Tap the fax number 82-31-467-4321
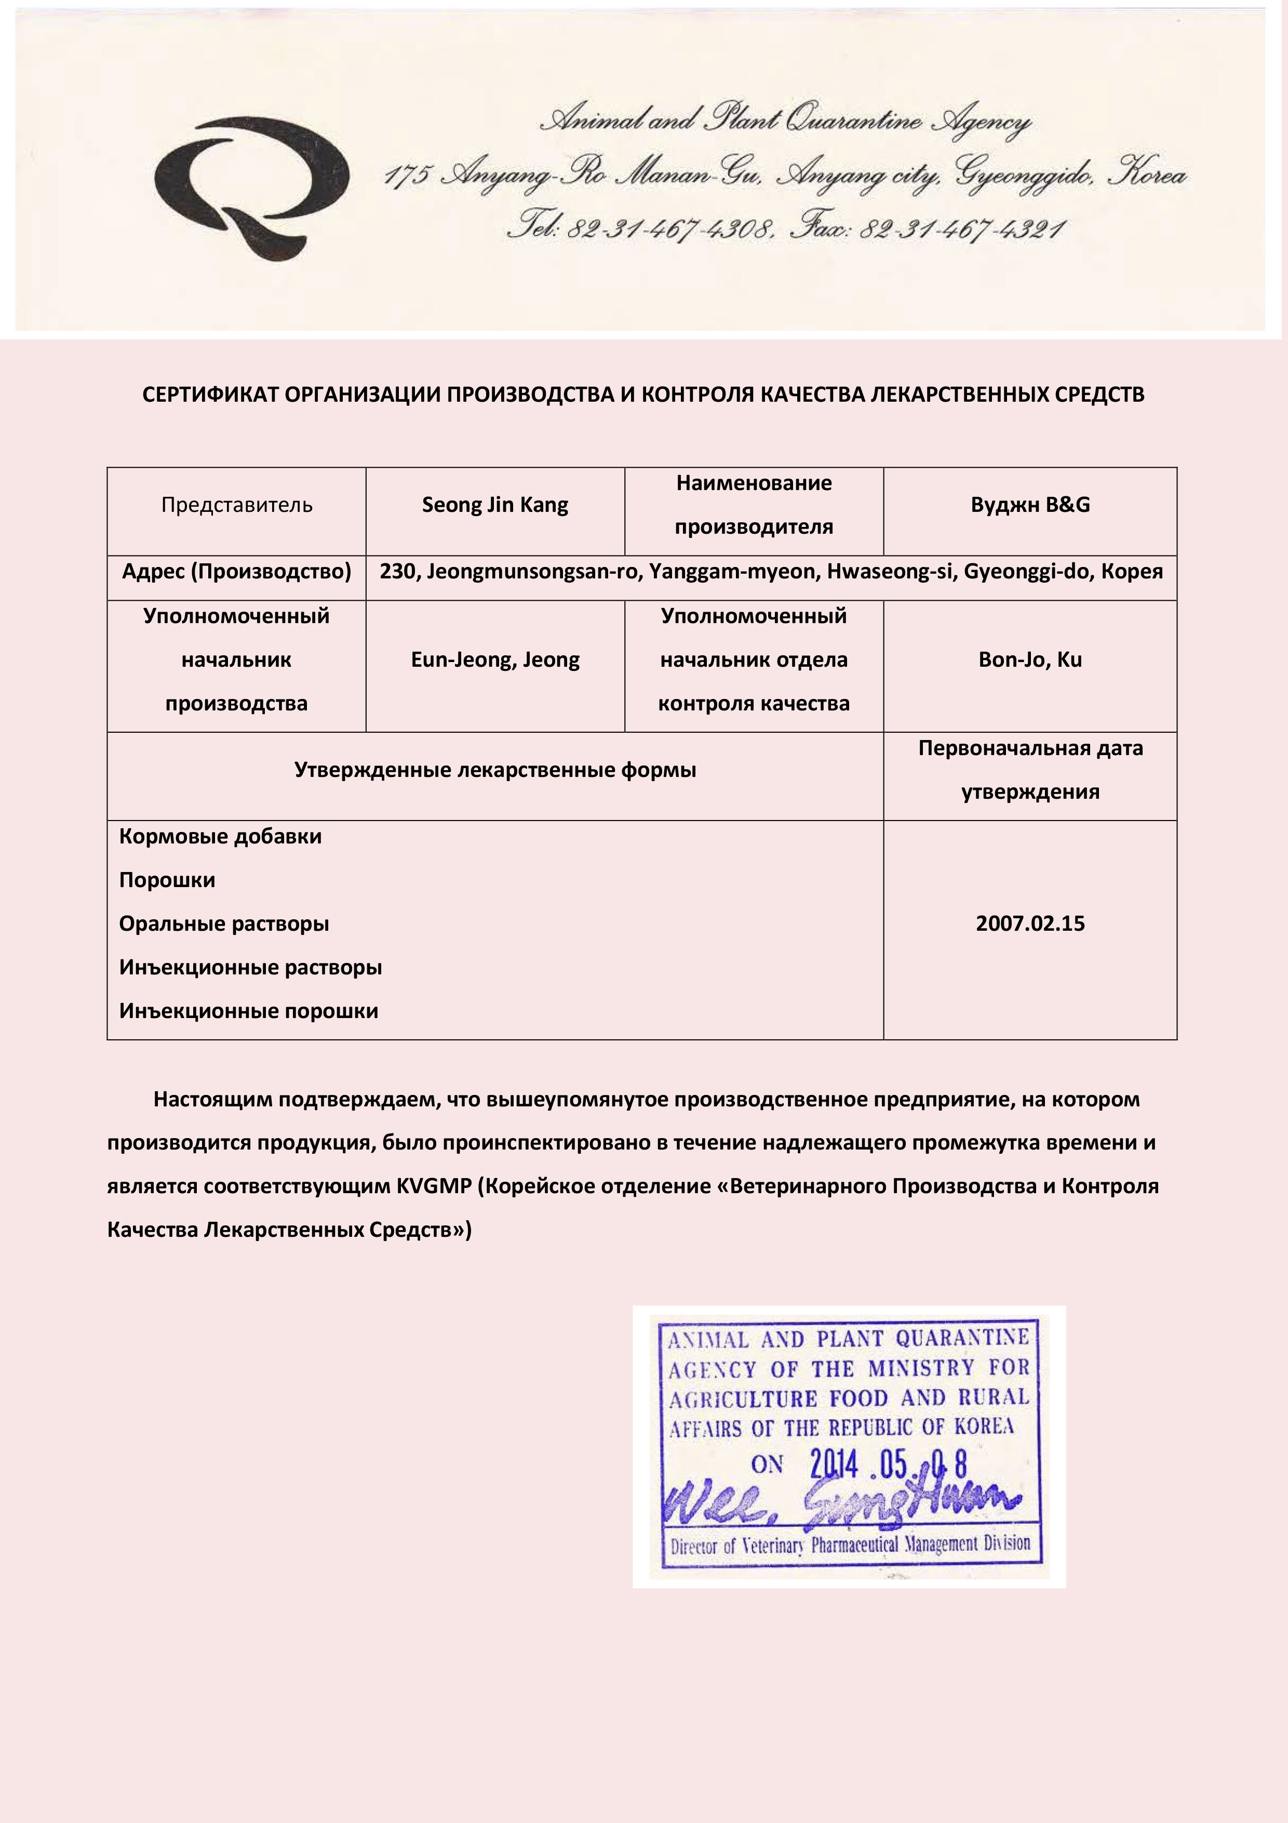[961, 230]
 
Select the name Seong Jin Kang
[495, 506]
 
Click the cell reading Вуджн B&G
[1030, 506]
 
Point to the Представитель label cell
[236, 506]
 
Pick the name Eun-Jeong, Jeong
[495, 660]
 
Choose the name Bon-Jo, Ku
[1030, 660]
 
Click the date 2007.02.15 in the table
[1030, 924]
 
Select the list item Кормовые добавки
[221, 837]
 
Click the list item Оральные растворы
[224, 924]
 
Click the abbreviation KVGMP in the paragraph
[434, 1187]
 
